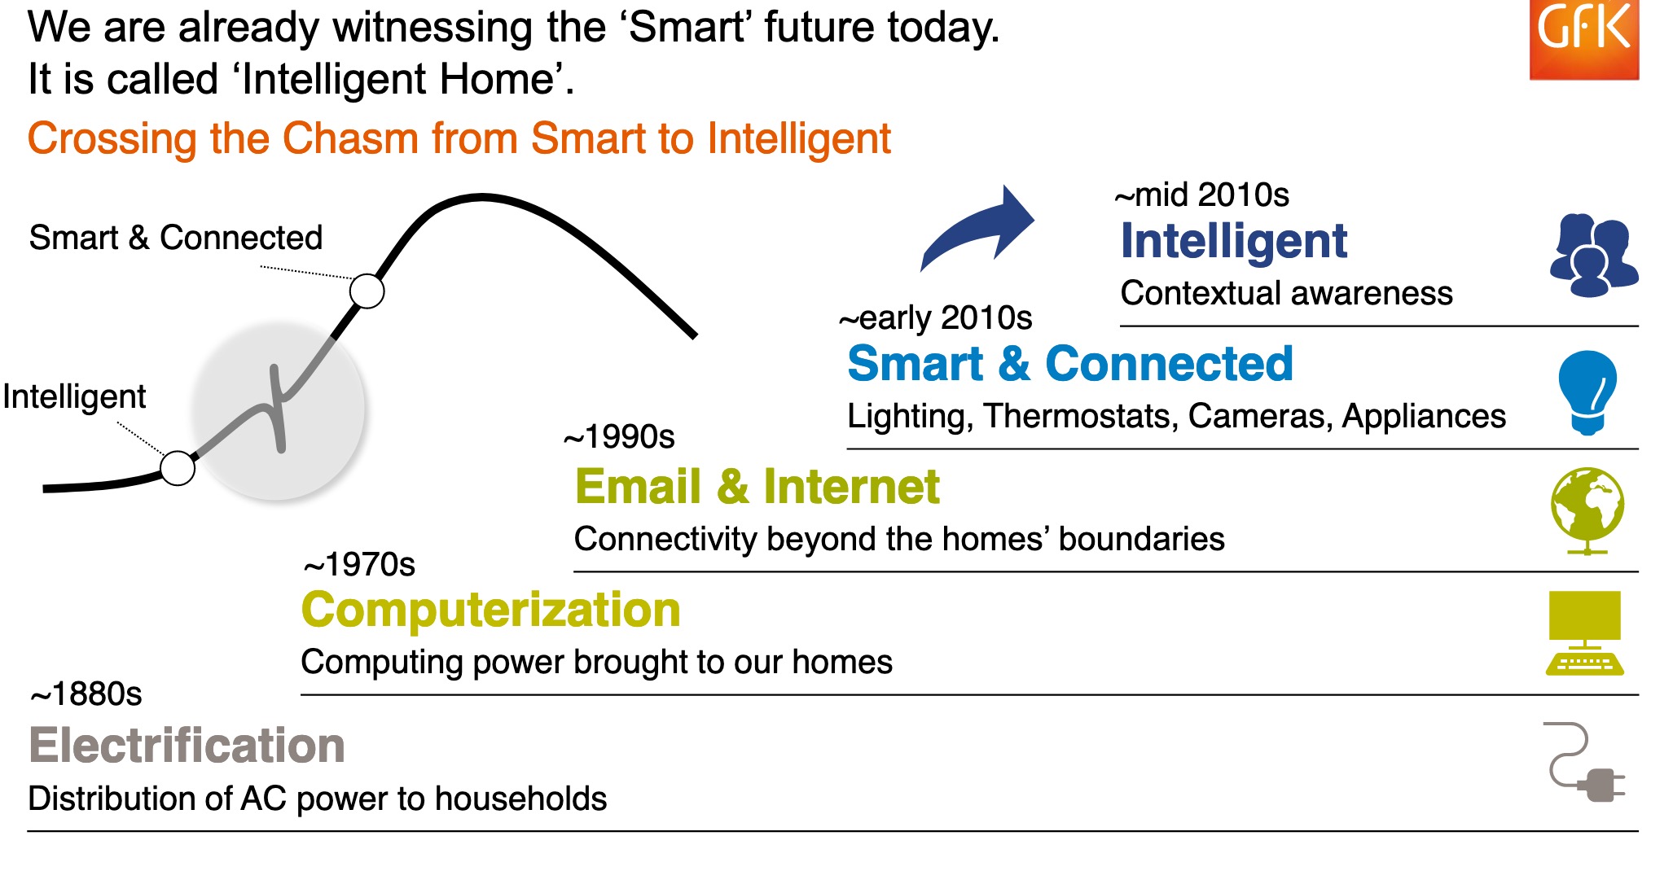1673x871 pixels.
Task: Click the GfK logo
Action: pyautogui.click(x=1584, y=39)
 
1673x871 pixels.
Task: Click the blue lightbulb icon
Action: pyautogui.click(x=1587, y=393)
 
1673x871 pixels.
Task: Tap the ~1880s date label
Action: pyautogui.click(x=86, y=694)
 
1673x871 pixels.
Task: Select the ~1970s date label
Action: pyautogui.click(x=359, y=565)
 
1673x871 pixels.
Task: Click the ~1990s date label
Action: pyautogui.click(x=619, y=437)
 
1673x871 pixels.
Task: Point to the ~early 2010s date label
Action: pyautogui.click(x=936, y=317)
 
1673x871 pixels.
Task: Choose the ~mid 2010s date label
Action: pyautogui.click(x=1202, y=195)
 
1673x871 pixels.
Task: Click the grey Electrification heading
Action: pyautogui.click(x=187, y=746)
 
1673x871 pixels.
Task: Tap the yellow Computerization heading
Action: pyautogui.click(x=491, y=611)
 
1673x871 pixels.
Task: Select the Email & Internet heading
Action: pyautogui.click(x=757, y=487)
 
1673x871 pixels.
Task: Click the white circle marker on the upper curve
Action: pyautogui.click(x=367, y=291)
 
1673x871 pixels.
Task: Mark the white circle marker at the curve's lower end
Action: pyautogui.click(x=178, y=468)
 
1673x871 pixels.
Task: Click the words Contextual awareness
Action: pyautogui.click(x=1287, y=293)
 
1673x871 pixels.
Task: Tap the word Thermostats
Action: pyautogui.click(x=1079, y=416)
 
